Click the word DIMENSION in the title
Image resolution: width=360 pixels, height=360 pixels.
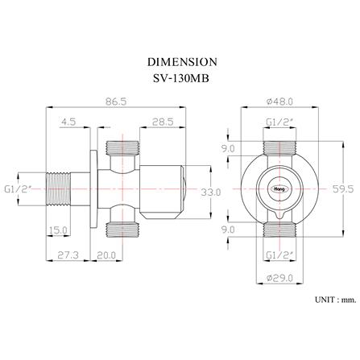(182, 62)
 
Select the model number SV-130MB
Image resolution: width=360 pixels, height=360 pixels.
(181, 78)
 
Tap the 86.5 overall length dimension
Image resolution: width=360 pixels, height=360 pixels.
(116, 101)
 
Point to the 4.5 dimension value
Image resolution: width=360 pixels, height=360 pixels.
(68, 122)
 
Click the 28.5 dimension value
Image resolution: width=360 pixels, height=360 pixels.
(163, 122)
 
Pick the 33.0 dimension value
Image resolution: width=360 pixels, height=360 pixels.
(211, 192)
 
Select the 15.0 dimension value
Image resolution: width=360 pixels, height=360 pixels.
(58, 230)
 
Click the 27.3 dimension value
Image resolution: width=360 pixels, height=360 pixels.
(68, 254)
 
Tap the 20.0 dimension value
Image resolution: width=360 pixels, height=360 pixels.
(106, 254)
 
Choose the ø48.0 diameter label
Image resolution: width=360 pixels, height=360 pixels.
(279, 101)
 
